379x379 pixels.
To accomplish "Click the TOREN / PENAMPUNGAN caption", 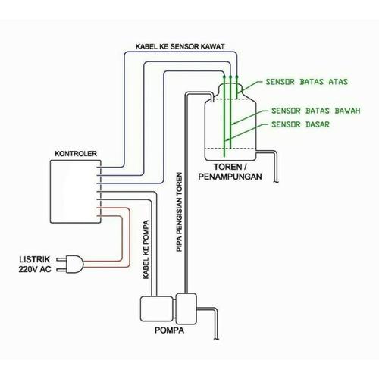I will coord(230,171).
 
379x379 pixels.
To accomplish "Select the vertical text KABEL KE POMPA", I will coord(144,249).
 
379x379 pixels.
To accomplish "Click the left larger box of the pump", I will coord(155,310).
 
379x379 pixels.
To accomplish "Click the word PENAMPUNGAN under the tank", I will coord(230,177).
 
